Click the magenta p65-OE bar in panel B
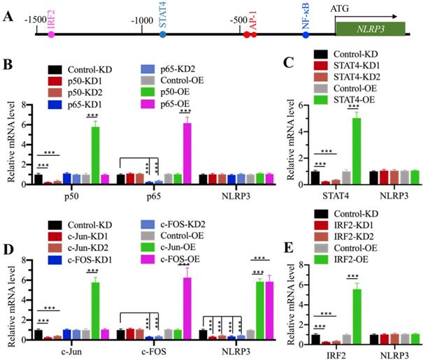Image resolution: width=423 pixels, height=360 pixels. coord(187,149)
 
